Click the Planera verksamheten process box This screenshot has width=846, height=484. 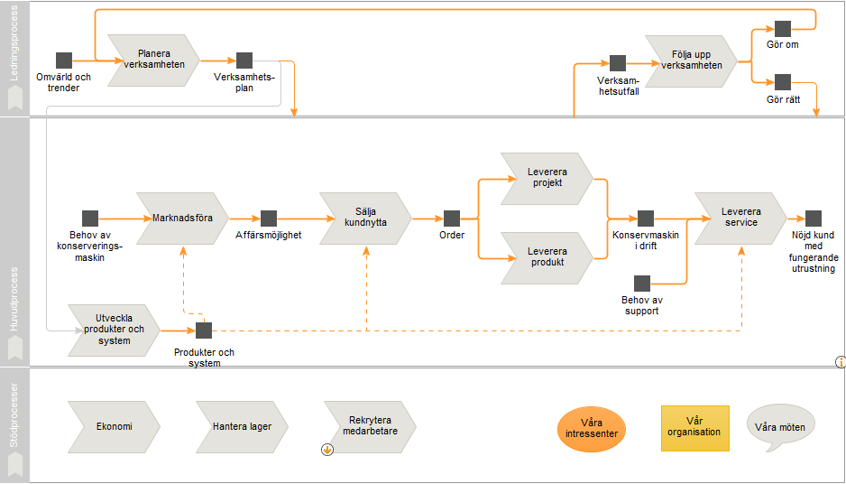pos(153,60)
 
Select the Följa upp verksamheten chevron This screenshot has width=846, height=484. pos(691,61)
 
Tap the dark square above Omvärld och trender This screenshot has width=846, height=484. pos(64,60)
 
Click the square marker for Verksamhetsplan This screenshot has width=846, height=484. pos(244,60)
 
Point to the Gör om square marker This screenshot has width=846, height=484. pos(783,29)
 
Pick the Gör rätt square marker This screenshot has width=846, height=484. pos(783,82)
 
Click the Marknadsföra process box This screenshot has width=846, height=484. pos(182,219)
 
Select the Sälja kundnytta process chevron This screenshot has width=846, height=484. pos(366,219)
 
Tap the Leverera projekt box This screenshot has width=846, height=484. pos(547,179)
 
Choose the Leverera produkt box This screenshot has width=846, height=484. pos(547,258)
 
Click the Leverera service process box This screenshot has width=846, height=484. pos(741,219)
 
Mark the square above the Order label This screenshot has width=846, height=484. pos(452,219)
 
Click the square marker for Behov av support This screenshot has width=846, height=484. pos(642,284)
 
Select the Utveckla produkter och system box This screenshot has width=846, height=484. pos(115,330)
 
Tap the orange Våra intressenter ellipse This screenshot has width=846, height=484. pos(592,429)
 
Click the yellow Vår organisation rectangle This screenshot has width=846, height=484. pos(694,428)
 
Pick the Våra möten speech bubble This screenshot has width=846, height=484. pos(780,427)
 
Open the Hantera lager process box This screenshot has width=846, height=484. pos(242,427)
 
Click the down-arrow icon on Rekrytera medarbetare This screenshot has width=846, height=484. pos(327,450)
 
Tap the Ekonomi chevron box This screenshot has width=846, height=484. pos(115,427)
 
